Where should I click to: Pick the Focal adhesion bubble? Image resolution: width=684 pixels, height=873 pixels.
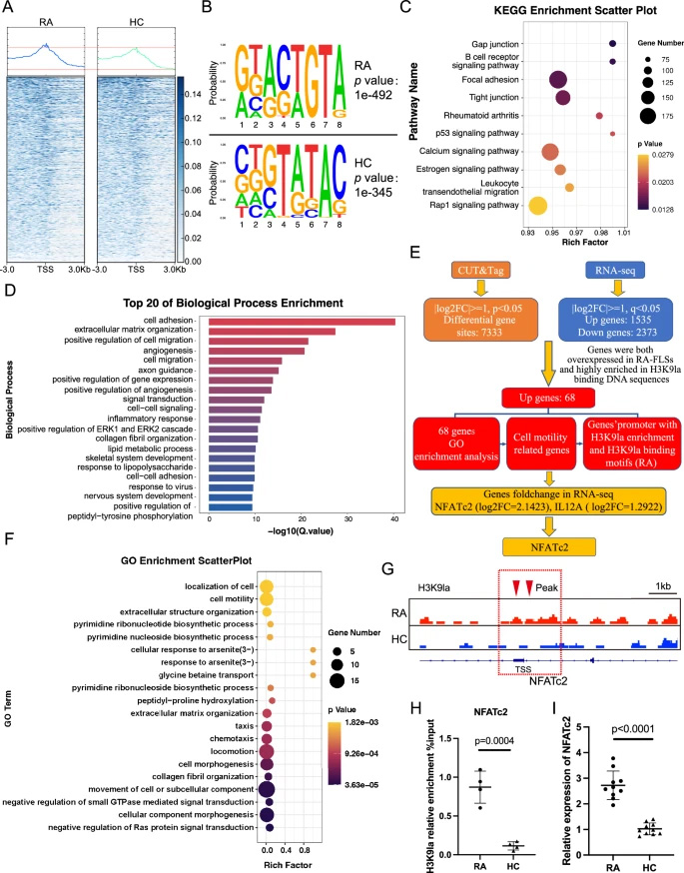coord(557,80)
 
